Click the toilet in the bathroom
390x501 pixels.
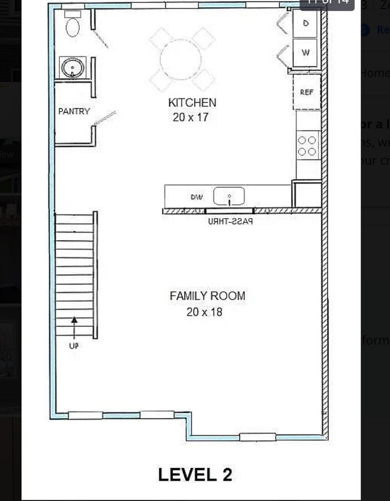[x=73, y=26]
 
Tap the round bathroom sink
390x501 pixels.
[x=73, y=67]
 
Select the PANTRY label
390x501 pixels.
[x=74, y=111]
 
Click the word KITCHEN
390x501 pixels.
[x=192, y=102]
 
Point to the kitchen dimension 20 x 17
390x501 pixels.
[x=190, y=117]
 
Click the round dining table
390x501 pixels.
[x=181, y=59]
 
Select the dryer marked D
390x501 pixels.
[x=306, y=24]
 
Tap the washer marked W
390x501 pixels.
[x=306, y=53]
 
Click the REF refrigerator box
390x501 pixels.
[x=307, y=92]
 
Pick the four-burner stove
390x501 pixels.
[x=307, y=146]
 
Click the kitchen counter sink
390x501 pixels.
[x=229, y=196]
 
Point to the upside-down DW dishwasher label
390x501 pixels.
[x=197, y=197]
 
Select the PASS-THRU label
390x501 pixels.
[x=230, y=221]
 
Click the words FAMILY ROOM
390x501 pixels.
[x=207, y=296]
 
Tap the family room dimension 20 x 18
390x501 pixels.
[x=204, y=312]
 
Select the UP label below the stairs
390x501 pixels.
[x=74, y=346]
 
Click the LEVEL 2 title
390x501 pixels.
[x=195, y=475]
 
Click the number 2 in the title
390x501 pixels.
[x=226, y=475]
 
